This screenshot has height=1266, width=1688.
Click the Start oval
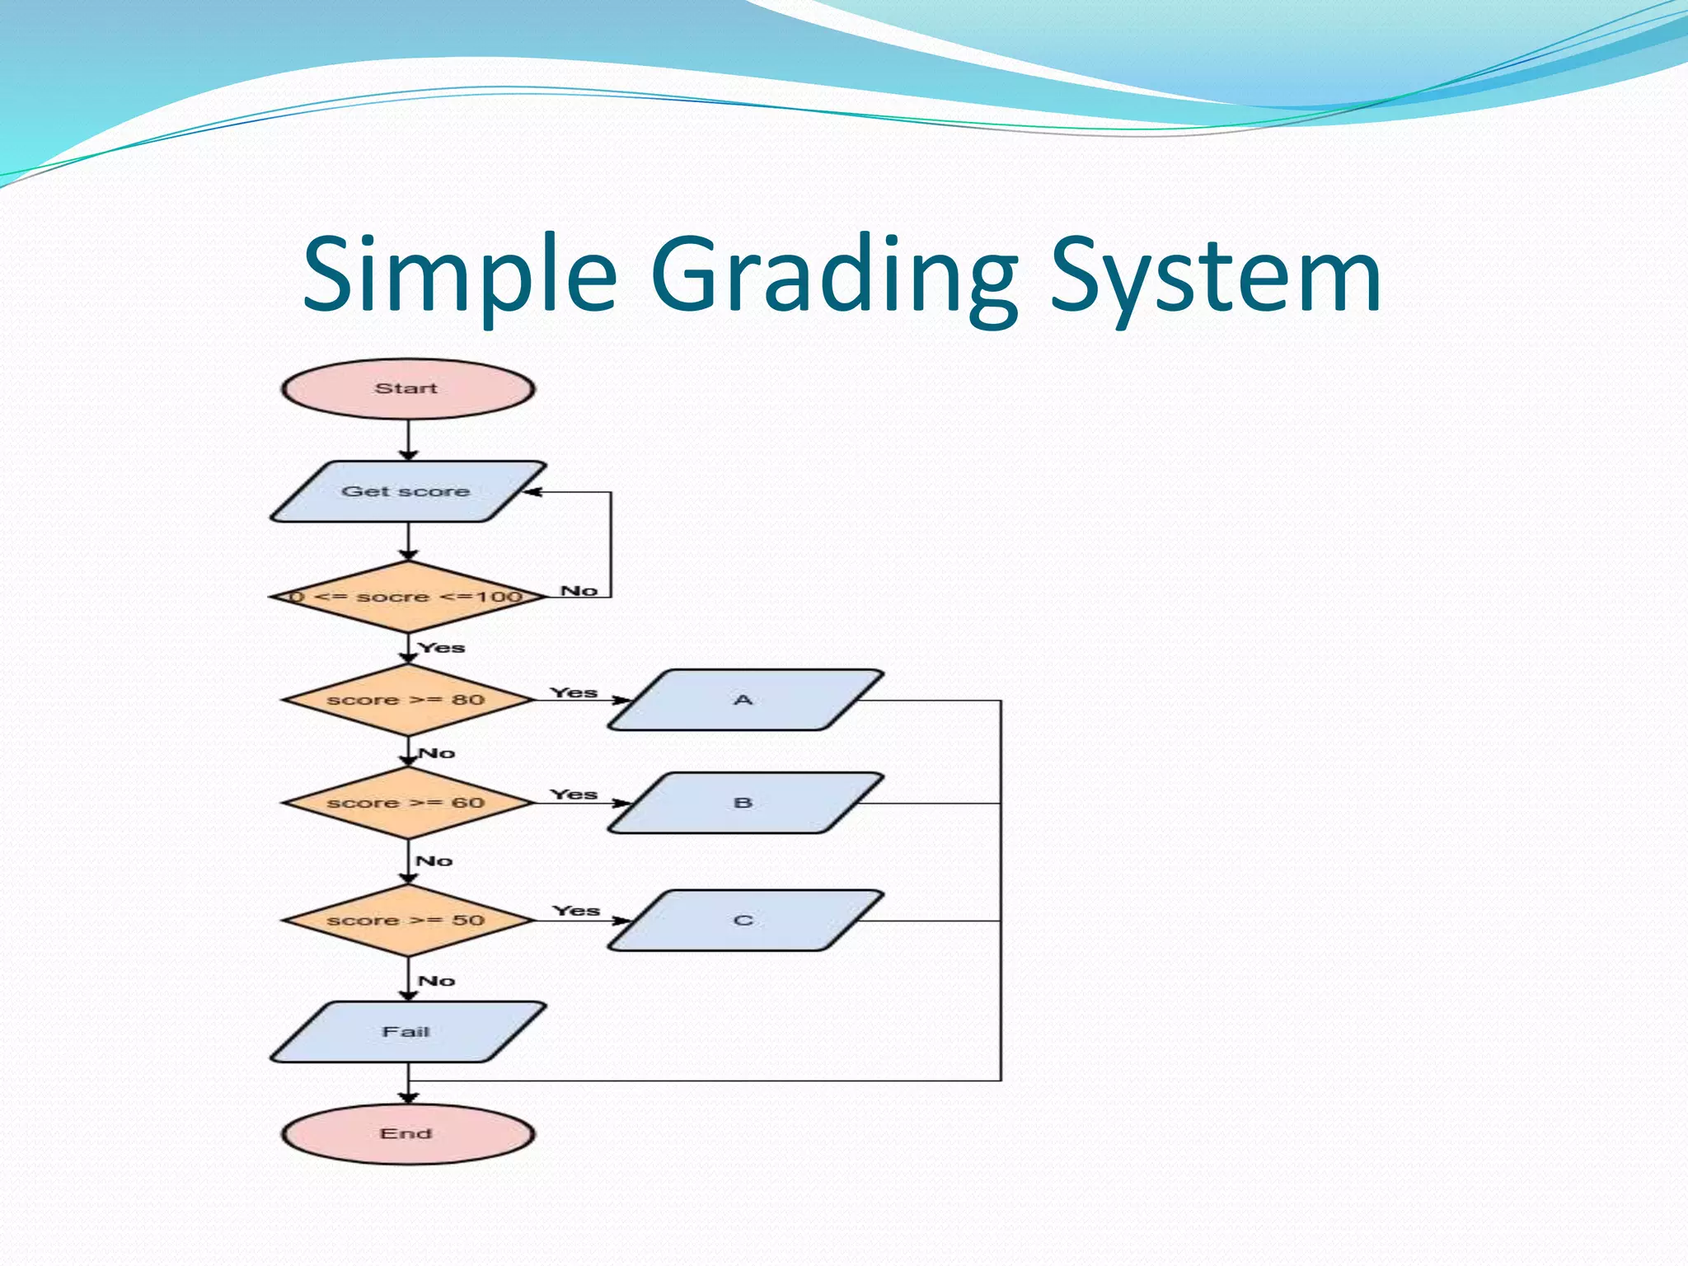[407, 388]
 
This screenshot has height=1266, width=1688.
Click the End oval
[407, 1134]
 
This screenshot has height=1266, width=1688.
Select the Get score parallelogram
[407, 491]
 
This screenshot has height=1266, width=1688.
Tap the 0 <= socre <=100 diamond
[407, 597]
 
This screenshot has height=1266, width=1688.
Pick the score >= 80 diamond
[407, 700]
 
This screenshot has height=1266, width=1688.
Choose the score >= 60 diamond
[407, 803]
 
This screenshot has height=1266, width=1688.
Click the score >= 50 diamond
[407, 921]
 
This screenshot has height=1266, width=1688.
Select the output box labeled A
[744, 700]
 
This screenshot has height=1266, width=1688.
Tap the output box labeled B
[744, 803]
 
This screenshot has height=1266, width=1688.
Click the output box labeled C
[744, 921]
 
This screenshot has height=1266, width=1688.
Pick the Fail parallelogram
[407, 1032]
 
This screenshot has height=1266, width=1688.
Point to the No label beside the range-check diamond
[579, 590]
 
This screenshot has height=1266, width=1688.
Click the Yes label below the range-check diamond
[442, 648]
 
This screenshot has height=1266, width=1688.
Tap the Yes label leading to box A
[574, 692]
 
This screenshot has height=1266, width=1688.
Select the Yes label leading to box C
[576, 911]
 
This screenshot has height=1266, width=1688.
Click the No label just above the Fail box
[436, 981]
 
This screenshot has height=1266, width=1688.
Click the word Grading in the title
[833, 274]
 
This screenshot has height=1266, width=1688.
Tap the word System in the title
[1215, 274]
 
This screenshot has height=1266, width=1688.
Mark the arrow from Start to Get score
[408, 439]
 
